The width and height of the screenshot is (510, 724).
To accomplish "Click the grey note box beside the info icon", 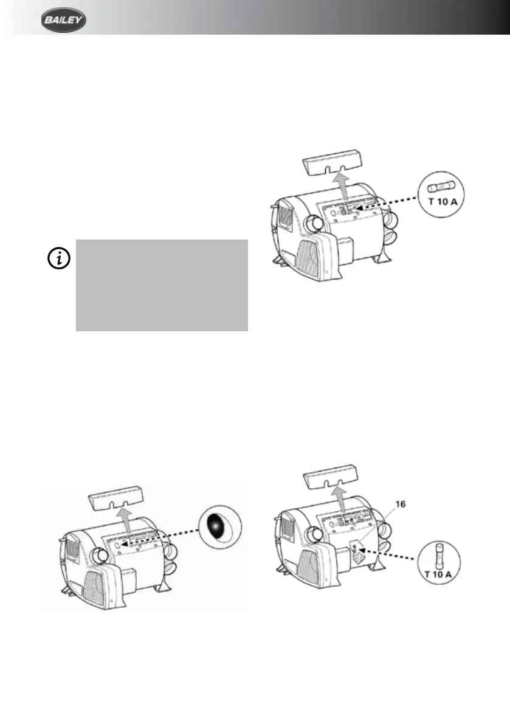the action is (x=162, y=285).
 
